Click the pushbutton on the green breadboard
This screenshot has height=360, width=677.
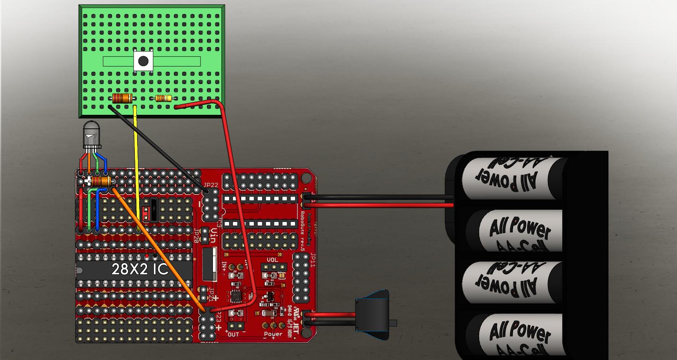[x=143, y=61]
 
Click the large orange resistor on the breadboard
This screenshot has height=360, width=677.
[x=122, y=98]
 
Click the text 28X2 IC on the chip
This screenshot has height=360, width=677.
[x=140, y=270]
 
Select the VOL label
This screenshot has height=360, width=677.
[x=272, y=260]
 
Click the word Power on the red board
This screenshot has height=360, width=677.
[x=273, y=334]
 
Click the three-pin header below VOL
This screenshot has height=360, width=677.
[x=275, y=266]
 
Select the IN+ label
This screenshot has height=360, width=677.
[x=225, y=266]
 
